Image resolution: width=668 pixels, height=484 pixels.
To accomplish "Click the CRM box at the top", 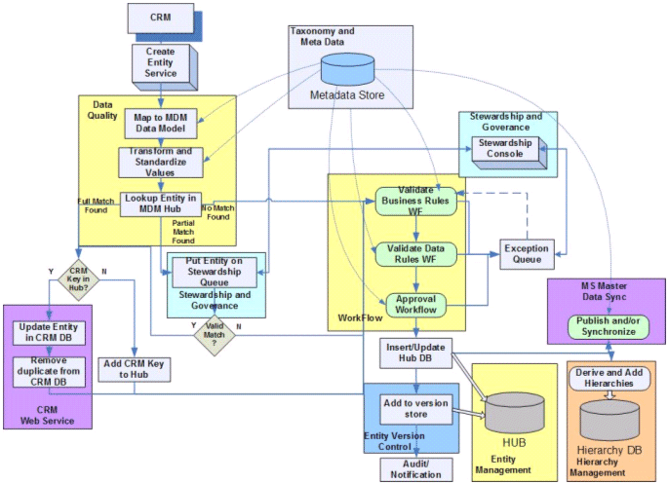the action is (x=161, y=19).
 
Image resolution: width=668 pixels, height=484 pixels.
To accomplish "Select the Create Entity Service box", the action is (x=161, y=62).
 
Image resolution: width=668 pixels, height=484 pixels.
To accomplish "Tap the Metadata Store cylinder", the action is (x=347, y=69).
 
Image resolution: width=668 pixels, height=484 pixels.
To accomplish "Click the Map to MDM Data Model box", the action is (x=161, y=124).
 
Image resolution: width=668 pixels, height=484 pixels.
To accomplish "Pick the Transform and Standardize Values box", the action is (x=161, y=163).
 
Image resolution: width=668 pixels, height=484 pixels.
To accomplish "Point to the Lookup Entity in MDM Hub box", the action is (x=160, y=205).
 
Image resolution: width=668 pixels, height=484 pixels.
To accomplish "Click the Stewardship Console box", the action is (x=505, y=148).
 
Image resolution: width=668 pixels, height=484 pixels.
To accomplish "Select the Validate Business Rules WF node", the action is (x=415, y=202).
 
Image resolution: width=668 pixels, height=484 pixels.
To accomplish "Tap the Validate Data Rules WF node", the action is (x=415, y=254).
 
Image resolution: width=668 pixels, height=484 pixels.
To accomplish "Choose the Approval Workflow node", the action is (x=415, y=305).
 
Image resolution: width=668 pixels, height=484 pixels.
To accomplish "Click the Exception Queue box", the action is (x=527, y=254).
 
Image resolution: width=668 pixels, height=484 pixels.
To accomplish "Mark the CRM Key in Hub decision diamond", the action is (x=78, y=279).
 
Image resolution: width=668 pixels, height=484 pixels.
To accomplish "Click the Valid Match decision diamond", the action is (x=215, y=335).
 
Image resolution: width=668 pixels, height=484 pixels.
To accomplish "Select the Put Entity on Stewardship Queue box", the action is (x=215, y=273).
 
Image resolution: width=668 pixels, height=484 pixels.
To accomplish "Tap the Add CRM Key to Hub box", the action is (x=135, y=370).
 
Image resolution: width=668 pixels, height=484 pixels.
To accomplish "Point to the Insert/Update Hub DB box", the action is (x=415, y=353).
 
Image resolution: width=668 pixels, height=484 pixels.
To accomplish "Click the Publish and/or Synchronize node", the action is (x=609, y=326).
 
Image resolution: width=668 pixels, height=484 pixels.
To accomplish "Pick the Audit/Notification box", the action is (x=415, y=469).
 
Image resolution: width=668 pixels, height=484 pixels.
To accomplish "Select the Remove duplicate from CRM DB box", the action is (x=49, y=372).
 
